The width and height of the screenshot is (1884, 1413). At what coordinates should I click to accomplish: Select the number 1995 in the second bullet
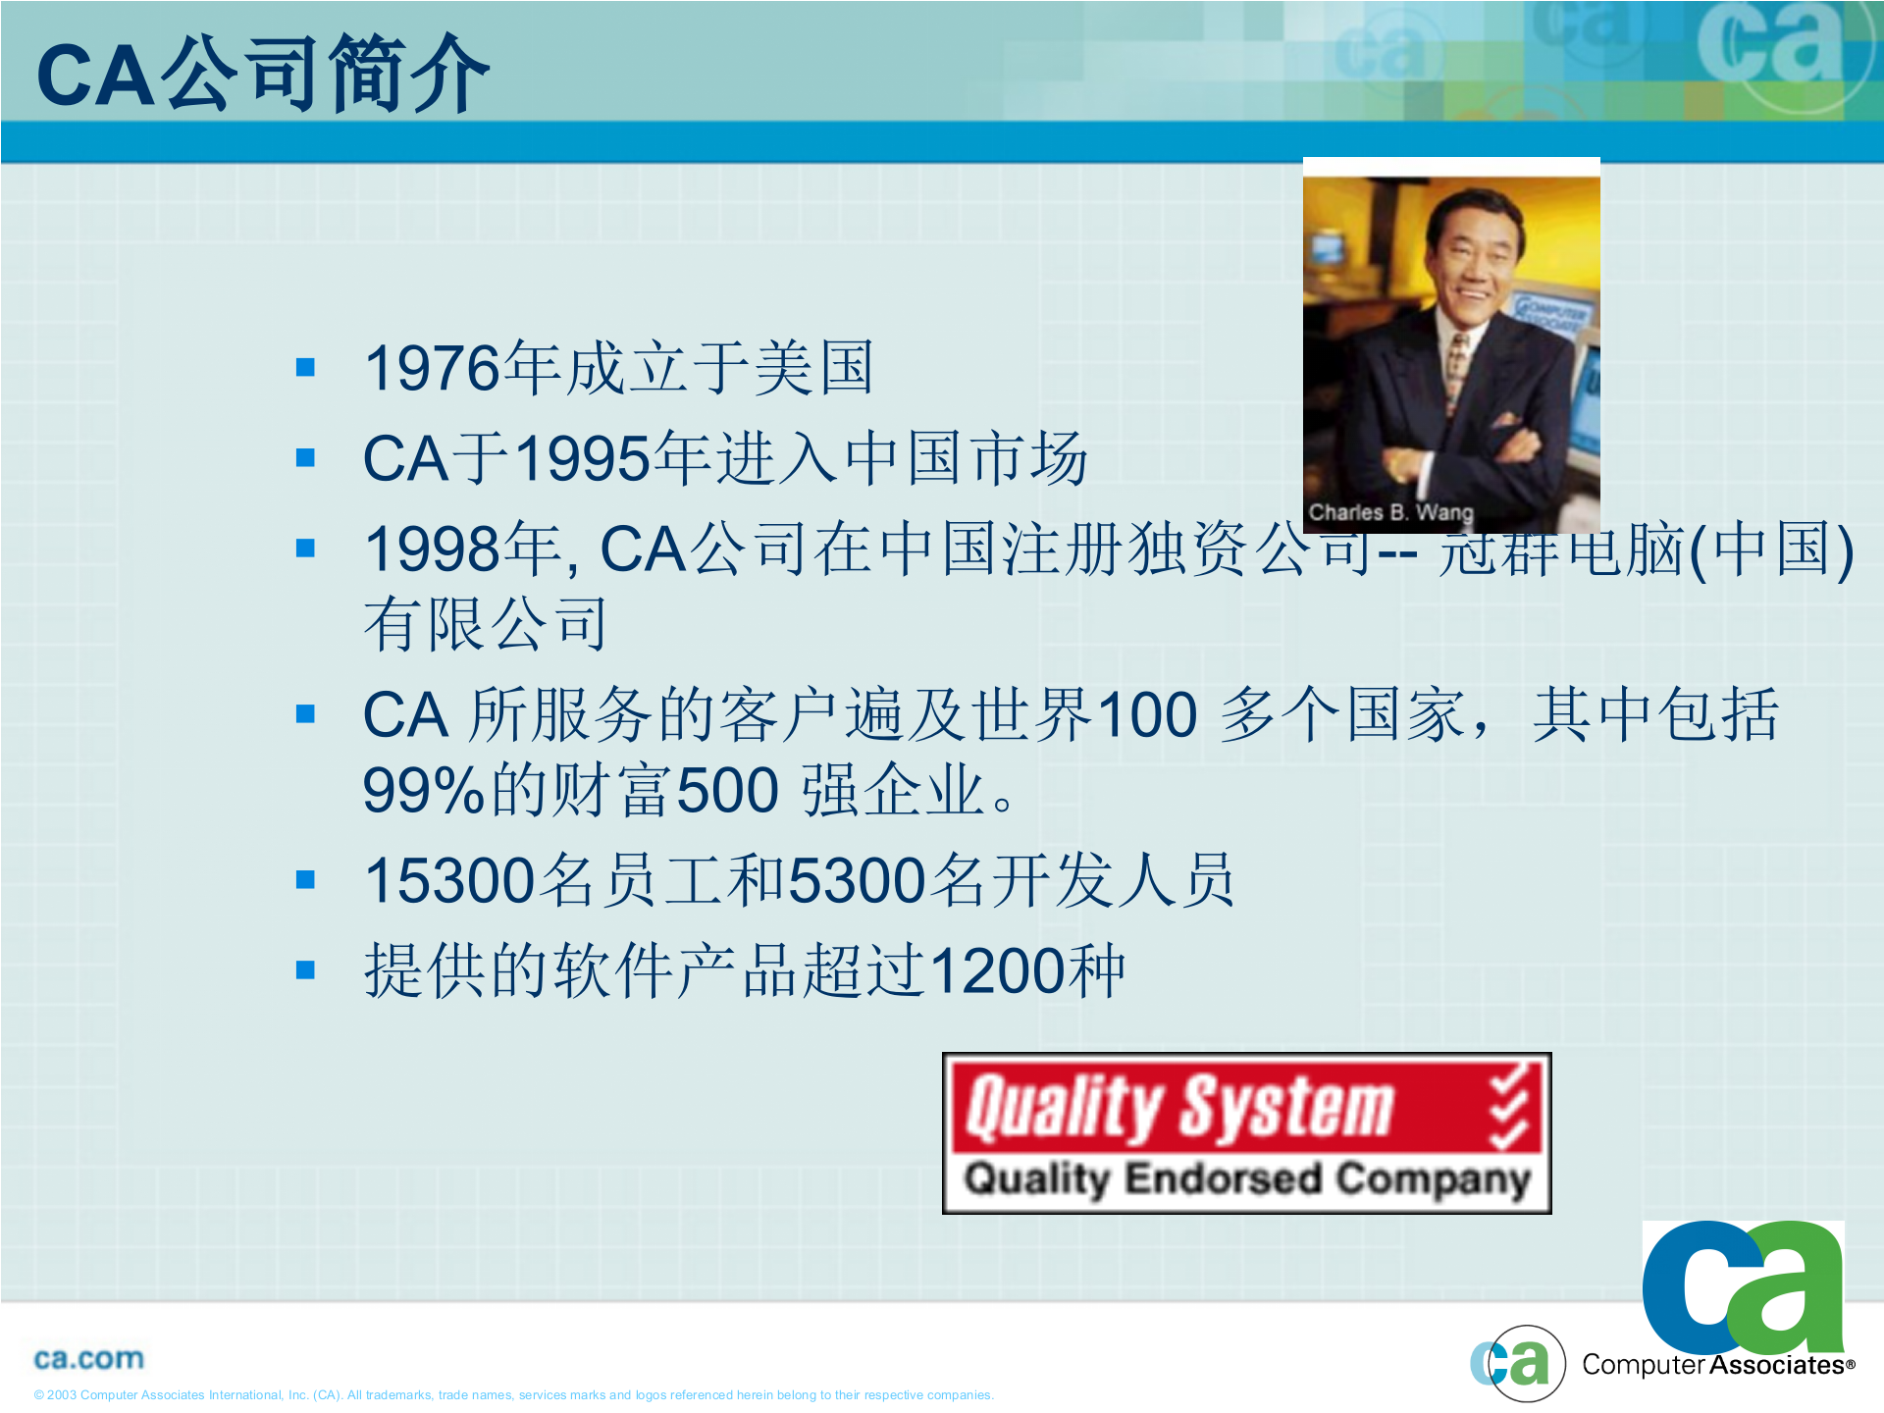pyautogui.click(x=583, y=459)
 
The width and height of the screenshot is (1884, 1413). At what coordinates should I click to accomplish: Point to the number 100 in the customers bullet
pyautogui.click(x=1146, y=714)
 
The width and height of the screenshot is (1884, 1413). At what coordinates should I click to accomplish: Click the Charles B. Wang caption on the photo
pyautogui.click(x=1389, y=512)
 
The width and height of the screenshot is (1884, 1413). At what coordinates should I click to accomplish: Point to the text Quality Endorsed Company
pyautogui.click(x=1246, y=1178)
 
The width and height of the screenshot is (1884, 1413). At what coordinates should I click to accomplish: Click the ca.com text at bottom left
pyautogui.click(x=88, y=1359)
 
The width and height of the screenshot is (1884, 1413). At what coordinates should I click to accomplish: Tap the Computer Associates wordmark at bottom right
pyautogui.click(x=1715, y=1366)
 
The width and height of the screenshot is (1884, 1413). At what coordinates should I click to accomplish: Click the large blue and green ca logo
pyautogui.click(x=1743, y=1285)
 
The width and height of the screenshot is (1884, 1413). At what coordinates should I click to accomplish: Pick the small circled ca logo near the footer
pyautogui.click(x=1517, y=1363)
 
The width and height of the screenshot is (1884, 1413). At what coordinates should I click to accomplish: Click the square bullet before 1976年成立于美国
pyautogui.click(x=305, y=368)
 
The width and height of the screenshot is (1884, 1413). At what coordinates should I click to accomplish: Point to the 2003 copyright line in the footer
pyautogui.click(x=513, y=1395)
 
